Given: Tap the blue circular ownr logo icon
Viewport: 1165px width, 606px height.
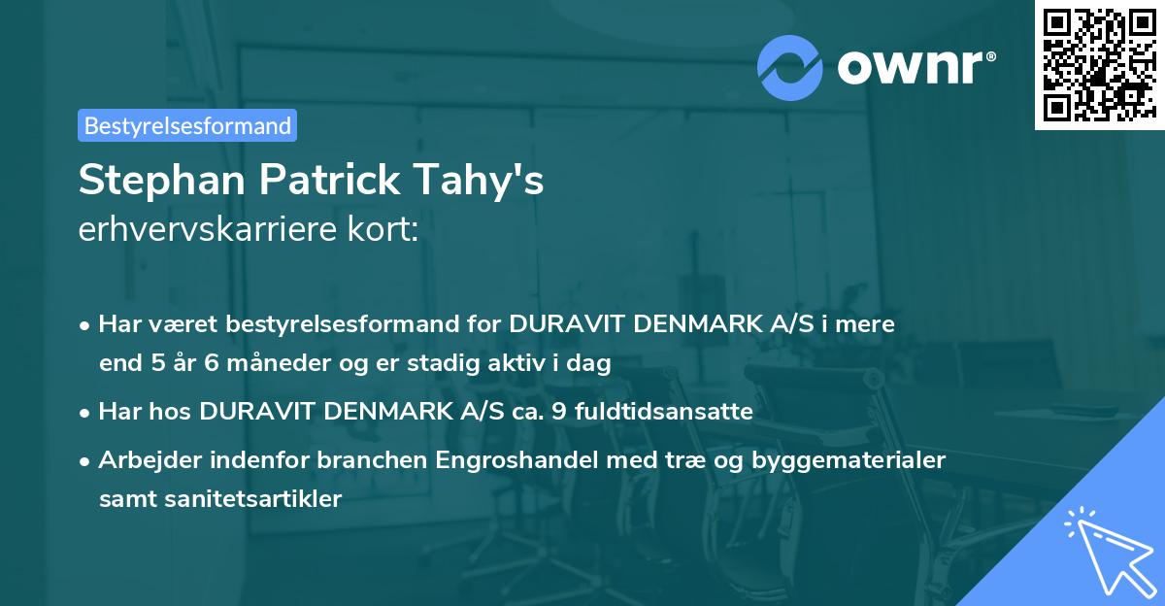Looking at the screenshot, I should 790,68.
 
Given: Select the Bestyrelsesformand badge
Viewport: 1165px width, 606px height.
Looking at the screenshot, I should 187,125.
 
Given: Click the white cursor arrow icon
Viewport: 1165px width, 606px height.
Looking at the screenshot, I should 1106,548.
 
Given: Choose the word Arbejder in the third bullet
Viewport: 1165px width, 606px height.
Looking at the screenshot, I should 144,460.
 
